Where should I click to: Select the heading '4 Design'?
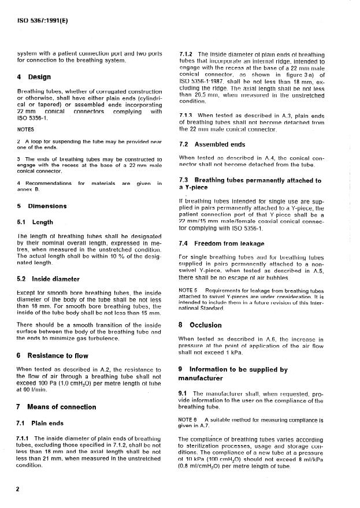click(x=34, y=77)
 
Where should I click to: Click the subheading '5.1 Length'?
click(x=36, y=221)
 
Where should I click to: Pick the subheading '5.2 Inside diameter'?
click(x=49, y=279)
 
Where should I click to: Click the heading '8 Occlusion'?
click(x=200, y=325)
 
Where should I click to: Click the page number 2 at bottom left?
click(x=18, y=489)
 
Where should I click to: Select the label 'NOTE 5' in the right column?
click(x=189, y=290)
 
